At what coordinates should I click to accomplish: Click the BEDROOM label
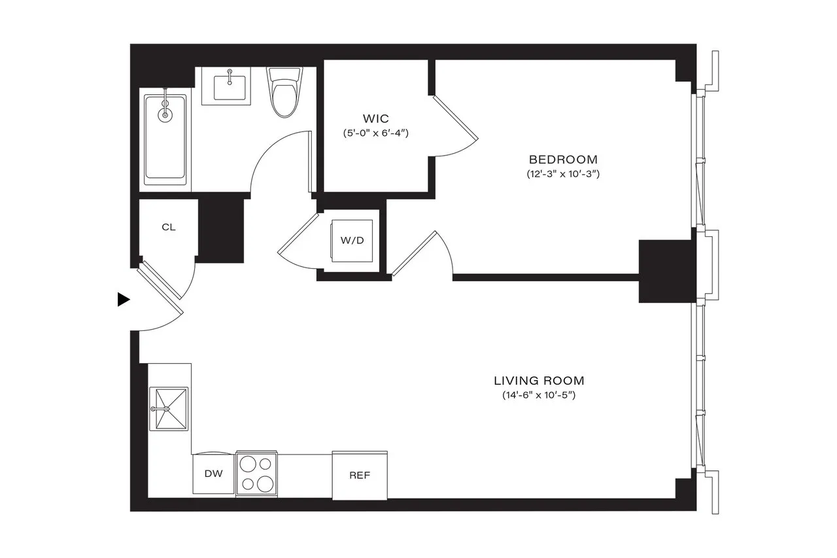click(562, 159)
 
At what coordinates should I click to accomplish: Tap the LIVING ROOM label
click(539, 380)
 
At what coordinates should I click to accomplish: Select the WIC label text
click(376, 118)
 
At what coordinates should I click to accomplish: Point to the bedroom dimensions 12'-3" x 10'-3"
click(562, 175)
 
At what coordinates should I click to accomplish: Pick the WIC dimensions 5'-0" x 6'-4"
click(376, 133)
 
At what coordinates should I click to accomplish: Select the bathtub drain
click(165, 114)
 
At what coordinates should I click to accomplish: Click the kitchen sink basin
click(169, 409)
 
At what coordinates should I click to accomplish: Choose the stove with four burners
click(256, 474)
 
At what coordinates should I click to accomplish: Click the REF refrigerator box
click(360, 475)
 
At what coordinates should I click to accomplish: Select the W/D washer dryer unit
click(352, 240)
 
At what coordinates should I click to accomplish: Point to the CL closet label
click(169, 227)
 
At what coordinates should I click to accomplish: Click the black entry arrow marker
click(123, 300)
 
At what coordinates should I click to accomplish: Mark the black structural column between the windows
click(666, 271)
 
